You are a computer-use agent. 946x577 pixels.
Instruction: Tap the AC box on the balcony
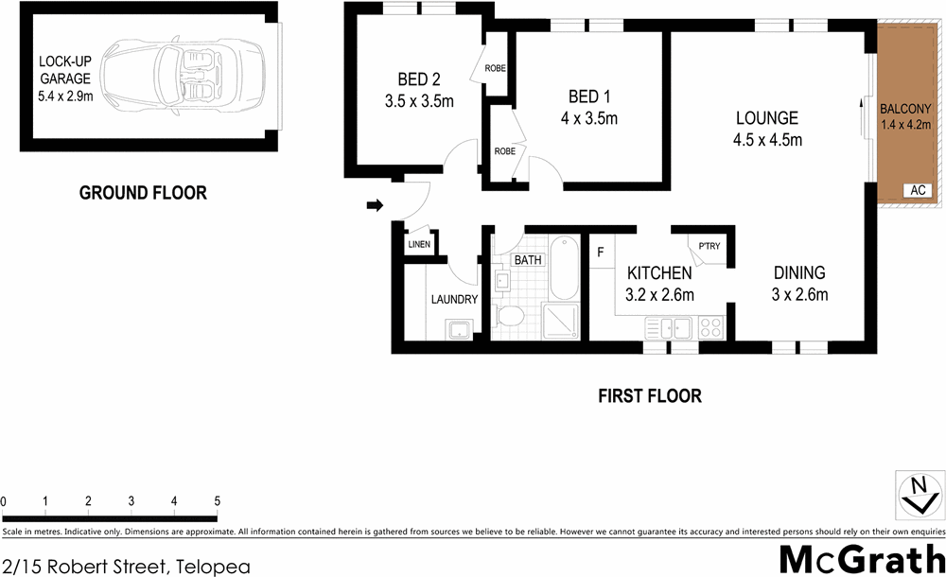tap(916, 190)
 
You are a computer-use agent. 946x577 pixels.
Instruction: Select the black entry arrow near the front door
tap(375, 205)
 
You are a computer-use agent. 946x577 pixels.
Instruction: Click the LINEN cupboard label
tap(418, 245)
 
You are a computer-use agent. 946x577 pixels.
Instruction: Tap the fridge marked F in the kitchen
tap(601, 253)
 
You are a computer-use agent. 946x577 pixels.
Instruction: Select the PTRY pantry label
tap(709, 247)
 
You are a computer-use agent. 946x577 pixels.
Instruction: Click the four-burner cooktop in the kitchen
tap(710, 328)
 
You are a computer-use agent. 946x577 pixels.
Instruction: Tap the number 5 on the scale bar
tap(217, 500)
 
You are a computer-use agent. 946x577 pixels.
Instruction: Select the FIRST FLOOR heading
tap(649, 396)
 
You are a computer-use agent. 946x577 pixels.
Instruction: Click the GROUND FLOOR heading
tap(142, 193)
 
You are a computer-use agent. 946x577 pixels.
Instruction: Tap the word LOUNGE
tap(767, 118)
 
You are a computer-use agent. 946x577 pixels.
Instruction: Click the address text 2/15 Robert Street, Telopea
tap(126, 567)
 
